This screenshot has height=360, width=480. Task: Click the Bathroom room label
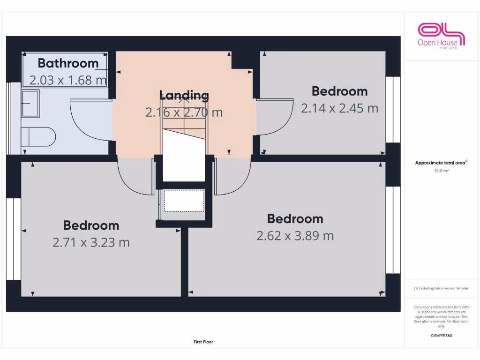[x=68, y=63]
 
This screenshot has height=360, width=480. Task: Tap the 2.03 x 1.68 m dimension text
[x=68, y=80]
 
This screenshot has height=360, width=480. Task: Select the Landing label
[x=184, y=95]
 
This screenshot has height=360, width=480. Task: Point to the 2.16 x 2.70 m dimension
[x=184, y=112]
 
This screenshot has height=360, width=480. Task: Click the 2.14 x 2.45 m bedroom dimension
[x=339, y=108]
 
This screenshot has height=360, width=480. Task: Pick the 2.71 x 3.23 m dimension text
[x=91, y=242]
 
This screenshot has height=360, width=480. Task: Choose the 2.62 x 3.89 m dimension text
[x=295, y=236]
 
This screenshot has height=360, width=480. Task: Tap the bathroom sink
[x=30, y=104]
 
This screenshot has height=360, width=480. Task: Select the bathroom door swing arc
[x=89, y=120]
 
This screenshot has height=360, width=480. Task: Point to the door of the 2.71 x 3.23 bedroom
[x=136, y=178]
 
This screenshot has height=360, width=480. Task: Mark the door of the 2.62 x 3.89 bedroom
[x=232, y=178]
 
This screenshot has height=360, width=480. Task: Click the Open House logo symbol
[x=441, y=33]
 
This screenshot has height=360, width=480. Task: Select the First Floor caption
[x=203, y=342]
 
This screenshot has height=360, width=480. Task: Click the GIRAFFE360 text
[x=441, y=336]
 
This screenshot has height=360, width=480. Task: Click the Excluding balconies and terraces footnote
[x=441, y=288]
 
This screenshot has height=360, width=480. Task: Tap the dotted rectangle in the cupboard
[x=183, y=201]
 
